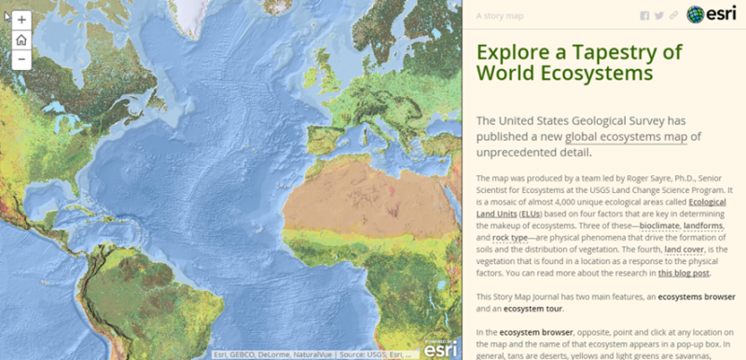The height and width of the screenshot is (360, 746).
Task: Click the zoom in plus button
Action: point(21,19)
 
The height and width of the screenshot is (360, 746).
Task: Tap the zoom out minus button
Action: point(21,59)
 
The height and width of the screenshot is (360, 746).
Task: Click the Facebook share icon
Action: point(644,15)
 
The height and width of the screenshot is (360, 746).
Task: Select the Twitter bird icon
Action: point(659,15)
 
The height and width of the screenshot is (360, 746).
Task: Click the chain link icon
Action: point(673,15)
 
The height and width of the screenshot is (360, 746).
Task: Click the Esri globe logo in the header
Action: point(697,14)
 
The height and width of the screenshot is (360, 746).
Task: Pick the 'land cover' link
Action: point(685,249)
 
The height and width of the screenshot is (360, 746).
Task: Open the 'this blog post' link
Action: point(684,273)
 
